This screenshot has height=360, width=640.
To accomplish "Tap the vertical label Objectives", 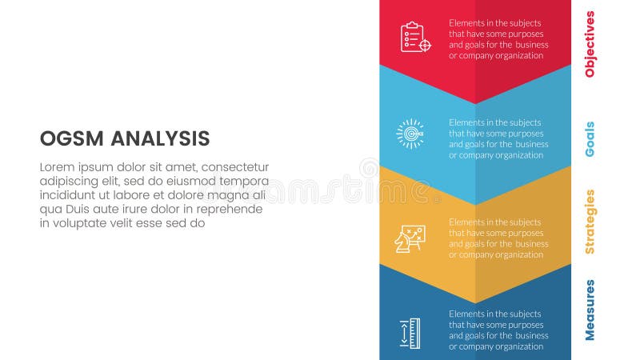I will coord(590,43).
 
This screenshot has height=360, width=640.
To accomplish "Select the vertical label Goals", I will coord(590,138).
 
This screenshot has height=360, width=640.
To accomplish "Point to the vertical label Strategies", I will coord(590,222).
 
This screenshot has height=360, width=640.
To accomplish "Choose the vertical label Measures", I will coord(590,310).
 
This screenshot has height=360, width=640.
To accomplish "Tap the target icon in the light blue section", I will coord(410,133).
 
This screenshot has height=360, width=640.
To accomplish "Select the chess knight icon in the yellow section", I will coord(410,238).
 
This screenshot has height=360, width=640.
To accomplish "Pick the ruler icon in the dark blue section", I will coord(410,332).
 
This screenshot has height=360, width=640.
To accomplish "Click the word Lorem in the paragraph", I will coord(57,167).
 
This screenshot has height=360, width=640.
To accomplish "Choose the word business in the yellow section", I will coord(532,244).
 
